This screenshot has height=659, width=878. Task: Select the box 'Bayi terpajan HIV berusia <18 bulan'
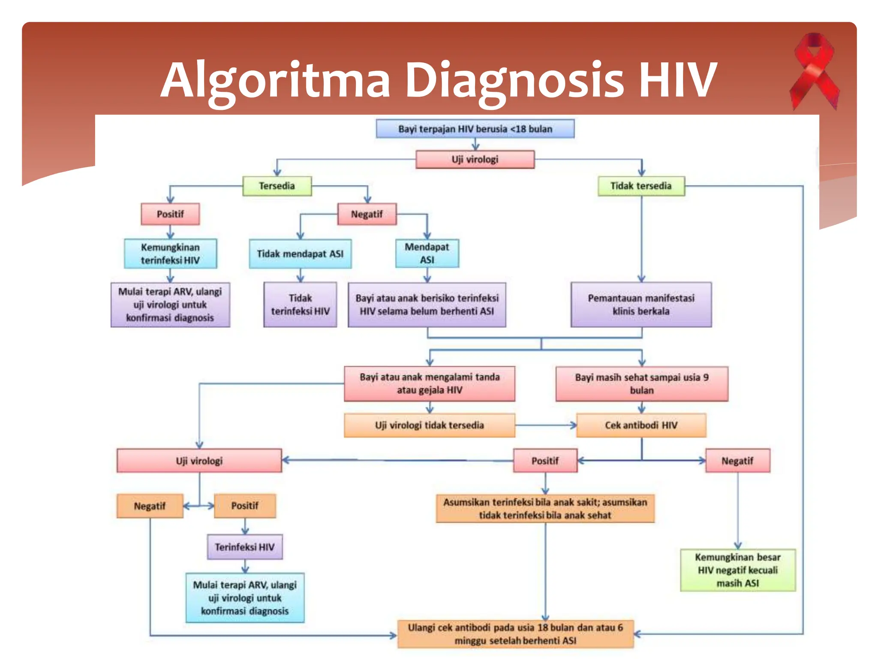[475, 129]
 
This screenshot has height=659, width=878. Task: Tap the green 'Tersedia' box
[277, 186]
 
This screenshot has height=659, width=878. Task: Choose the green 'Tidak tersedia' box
[641, 186]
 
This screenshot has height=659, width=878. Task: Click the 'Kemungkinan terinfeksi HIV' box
[170, 254]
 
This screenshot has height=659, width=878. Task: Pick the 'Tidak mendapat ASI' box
[300, 254]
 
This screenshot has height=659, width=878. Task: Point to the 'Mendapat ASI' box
[427, 254]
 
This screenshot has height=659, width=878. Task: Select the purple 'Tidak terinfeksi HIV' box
[300, 305]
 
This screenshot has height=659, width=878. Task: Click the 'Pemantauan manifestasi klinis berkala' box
[641, 305]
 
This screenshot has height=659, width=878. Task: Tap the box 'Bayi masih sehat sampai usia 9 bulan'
[641, 384]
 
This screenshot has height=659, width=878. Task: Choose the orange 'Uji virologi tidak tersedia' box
[429, 425]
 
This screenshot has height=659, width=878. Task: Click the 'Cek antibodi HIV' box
[641, 425]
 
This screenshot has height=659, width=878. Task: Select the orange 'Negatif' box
[150, 506]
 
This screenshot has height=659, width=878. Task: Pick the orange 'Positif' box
[245, 506]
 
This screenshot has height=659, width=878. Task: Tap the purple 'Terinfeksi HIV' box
[245, 547]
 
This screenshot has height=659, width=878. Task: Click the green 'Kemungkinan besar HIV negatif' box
[737, 570]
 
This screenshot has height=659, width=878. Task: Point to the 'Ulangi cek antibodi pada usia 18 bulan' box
[515, 634]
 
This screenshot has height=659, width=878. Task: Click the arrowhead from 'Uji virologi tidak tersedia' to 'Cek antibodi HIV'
[573, 425]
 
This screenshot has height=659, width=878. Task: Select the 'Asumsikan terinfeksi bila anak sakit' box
[545, 508]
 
